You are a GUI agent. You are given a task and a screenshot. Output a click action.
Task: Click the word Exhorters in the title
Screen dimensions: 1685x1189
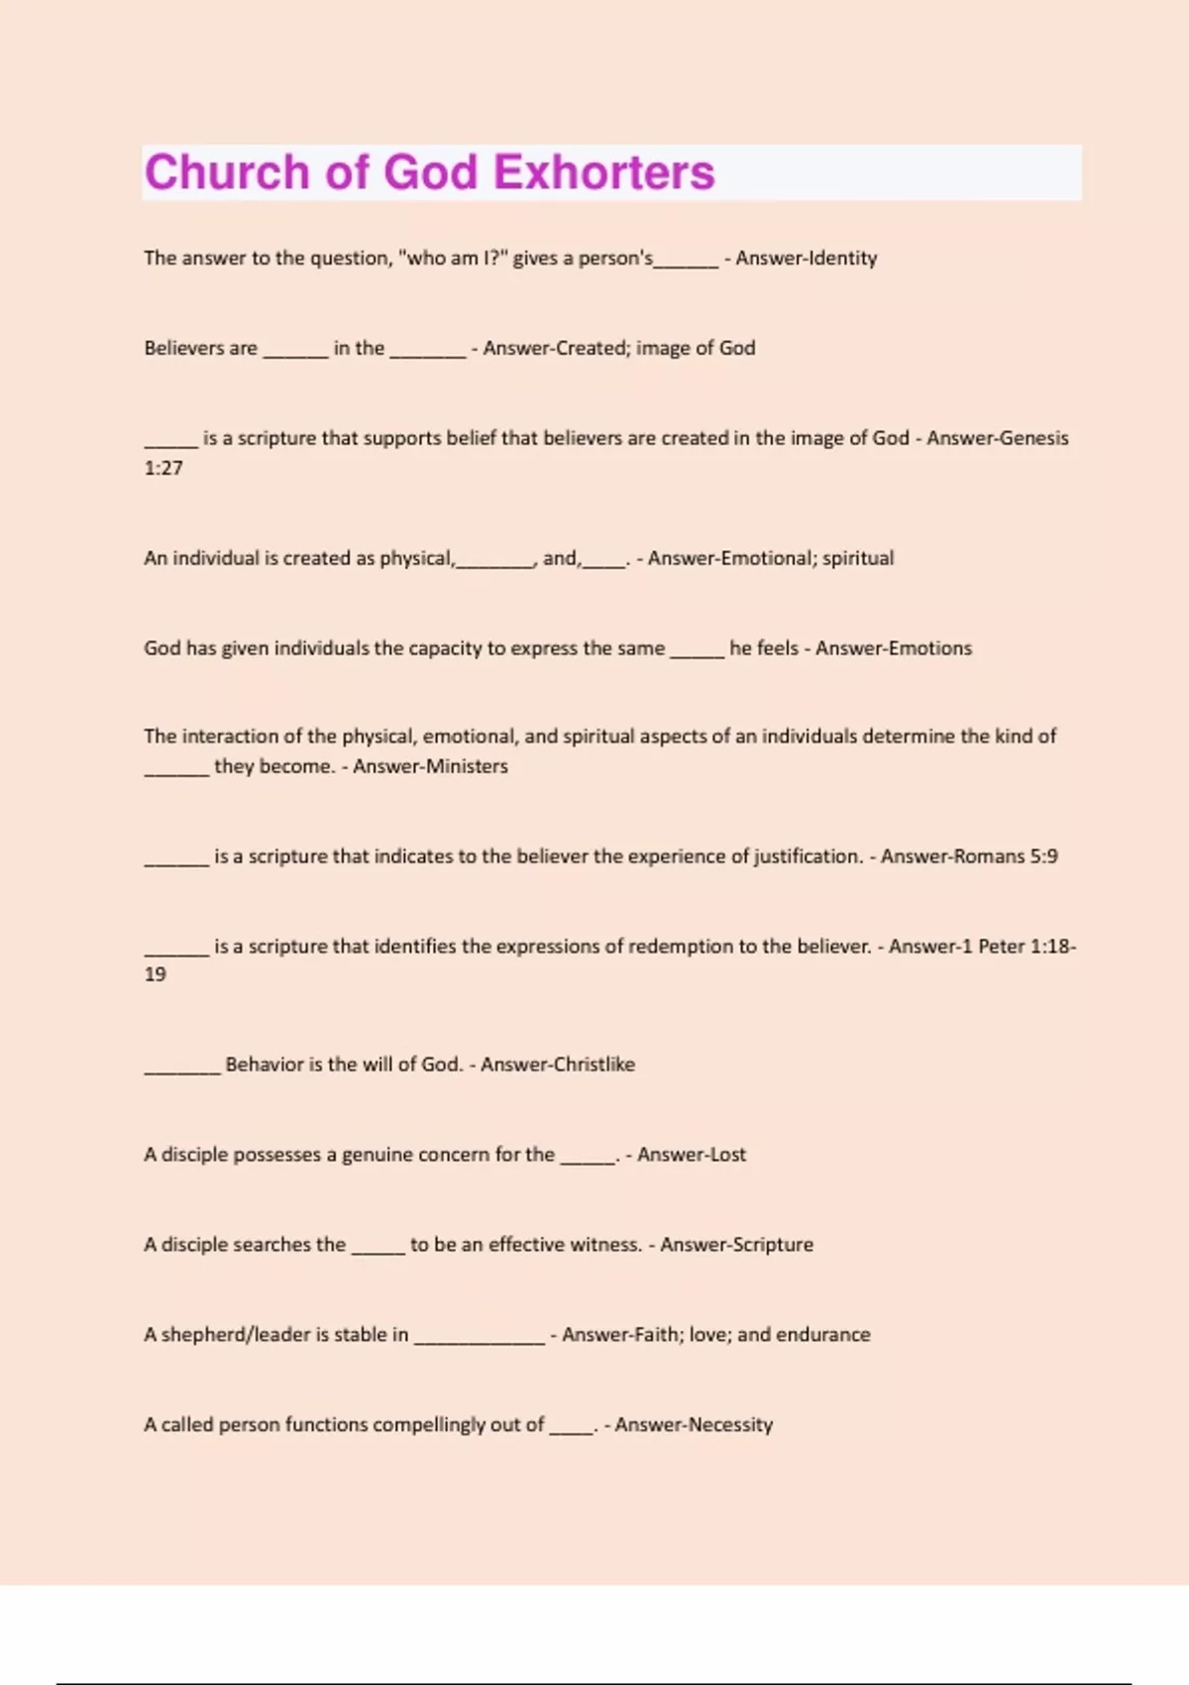tap(603, 172)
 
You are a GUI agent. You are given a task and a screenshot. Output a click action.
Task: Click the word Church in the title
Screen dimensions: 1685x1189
tap(227, 172)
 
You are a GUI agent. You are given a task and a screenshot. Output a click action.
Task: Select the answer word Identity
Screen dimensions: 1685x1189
tap(843, 259)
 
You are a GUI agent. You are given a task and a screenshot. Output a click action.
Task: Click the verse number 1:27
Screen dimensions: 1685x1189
tap(163, 468)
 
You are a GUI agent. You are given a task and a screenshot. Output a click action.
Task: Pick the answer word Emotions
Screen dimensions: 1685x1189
tap(930, 648)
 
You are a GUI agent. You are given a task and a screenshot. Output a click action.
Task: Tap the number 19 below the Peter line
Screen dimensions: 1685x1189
tap(156, 974)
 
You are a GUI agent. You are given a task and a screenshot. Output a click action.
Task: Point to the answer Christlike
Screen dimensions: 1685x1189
tap(594, 1065)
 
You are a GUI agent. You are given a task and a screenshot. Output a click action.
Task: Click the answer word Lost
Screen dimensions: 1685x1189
tap(725, 1155)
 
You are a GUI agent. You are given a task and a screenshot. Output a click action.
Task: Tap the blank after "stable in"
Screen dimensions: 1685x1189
tap(479, 1339)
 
